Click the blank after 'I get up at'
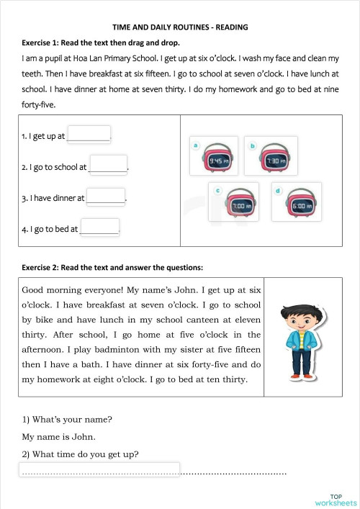pyautogui.click(x=89, y=135)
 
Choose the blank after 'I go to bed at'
pyautogui.click(x=99, y=228)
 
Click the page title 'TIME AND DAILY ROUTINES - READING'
pyautogui.click(x=181, y=27)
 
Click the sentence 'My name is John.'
pyautogui.click(x=59, y=436)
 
